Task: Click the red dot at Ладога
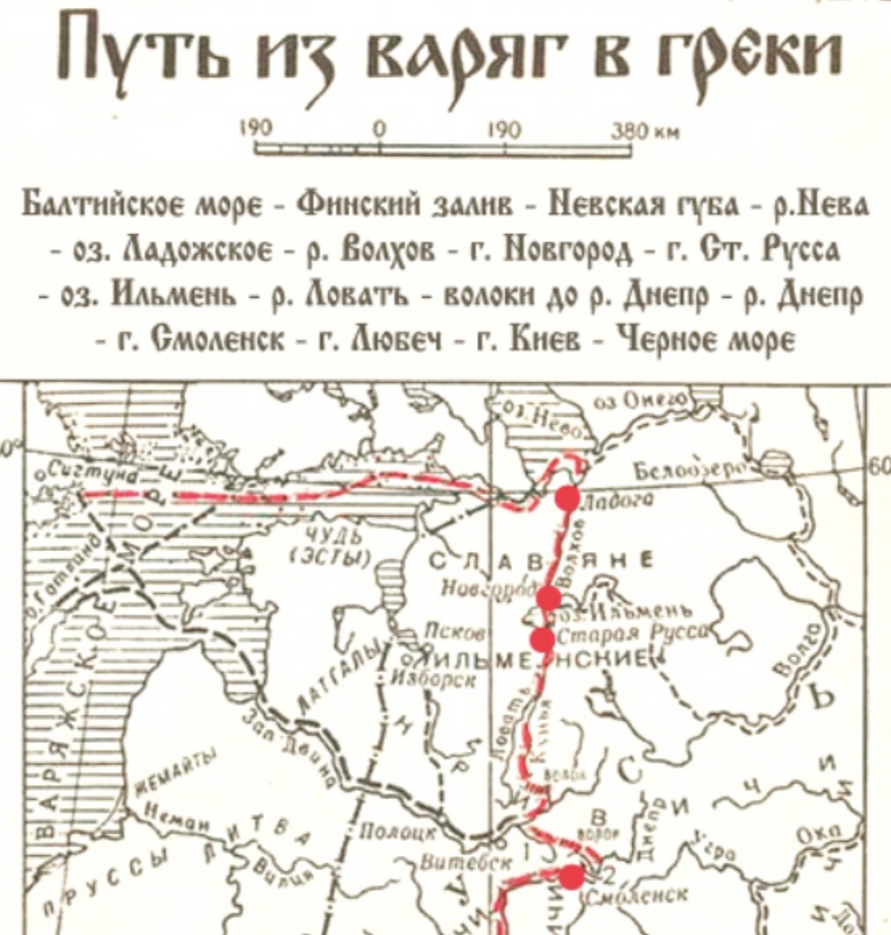tap(568, 498)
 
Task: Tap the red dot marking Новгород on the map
tap(549, 597)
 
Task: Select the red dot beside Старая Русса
tap(543, 639)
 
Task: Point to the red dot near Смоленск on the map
tap(573, 876)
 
